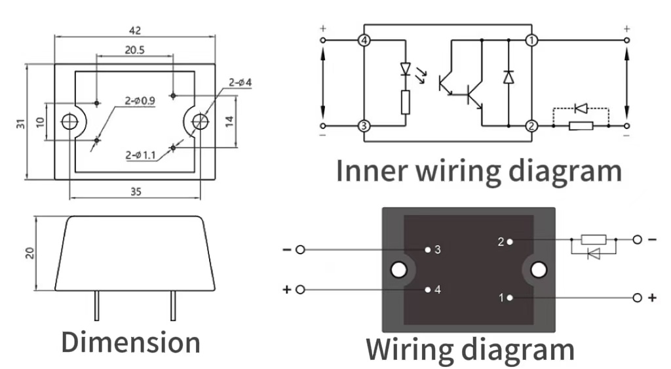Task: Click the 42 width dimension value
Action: (135, 30)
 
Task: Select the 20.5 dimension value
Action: (134, 50)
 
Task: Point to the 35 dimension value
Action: (135, 192)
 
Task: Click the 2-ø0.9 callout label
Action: (140, 101)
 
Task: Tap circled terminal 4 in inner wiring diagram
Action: (364, 41)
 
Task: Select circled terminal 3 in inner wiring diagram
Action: (364, 126)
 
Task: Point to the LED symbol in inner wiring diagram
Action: (406, 68)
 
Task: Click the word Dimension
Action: (130, 342)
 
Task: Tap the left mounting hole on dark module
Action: (398, 269)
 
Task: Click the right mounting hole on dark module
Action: (539, 269)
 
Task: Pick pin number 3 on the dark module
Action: (437, 250)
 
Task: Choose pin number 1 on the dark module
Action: (502, 298)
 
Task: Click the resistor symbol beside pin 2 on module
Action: (594, 240)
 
